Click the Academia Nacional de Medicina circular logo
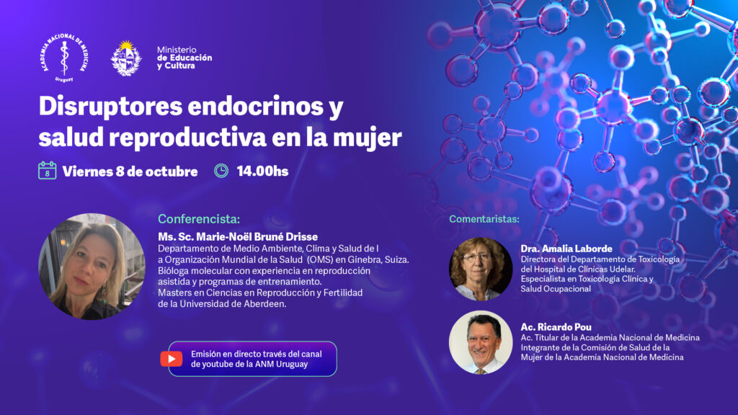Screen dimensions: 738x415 point(64,58)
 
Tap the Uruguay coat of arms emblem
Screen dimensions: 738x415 point(126,58)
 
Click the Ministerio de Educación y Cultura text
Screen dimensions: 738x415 point(184,58)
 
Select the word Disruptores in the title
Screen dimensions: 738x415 point(110,107)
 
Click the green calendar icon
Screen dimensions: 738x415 point(47,170)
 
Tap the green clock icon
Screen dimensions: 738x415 point(221,171)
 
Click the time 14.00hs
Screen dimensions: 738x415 point(262,171)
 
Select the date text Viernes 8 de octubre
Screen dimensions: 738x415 point(130,171)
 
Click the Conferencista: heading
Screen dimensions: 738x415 point(199,219)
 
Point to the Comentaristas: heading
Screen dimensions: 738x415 point(484,219)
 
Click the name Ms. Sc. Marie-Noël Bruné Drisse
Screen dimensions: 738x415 point(238,236)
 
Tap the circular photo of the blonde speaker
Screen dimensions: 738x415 point(92,267)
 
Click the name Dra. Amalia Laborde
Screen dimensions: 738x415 point(566,249)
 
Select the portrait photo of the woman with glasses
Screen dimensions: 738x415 point(481,269)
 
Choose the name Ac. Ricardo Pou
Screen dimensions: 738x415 point(556,327)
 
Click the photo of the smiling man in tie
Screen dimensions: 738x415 point(481,342)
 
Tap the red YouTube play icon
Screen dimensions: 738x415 point(172,359)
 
